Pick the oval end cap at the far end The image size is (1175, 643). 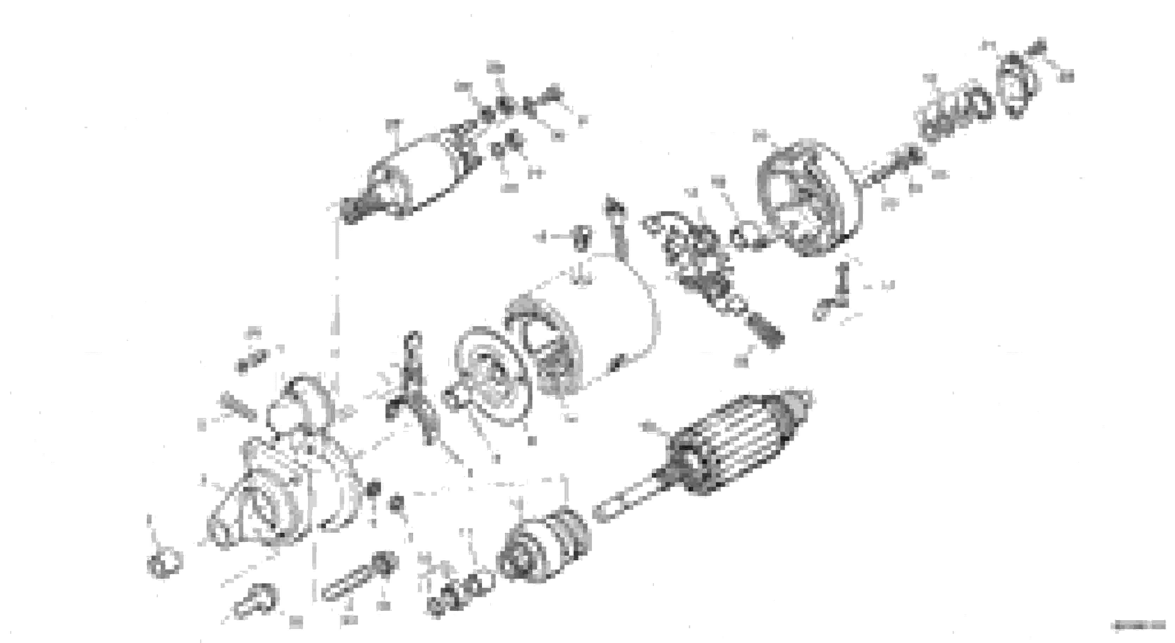point(1017,87)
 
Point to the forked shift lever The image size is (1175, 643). point(413,388)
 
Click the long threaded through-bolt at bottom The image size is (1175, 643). point(356,584)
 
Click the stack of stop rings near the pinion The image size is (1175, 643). point(461,593)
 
